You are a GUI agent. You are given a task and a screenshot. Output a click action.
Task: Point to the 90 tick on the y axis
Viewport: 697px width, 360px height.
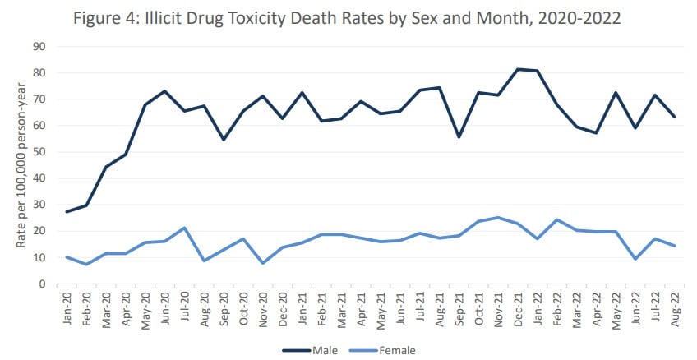39,46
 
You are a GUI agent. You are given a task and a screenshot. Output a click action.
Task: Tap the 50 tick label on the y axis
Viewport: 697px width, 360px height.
39,152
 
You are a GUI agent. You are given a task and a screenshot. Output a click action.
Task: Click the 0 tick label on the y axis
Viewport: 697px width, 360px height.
42,284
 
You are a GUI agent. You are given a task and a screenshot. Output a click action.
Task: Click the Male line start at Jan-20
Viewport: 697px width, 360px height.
67,212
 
